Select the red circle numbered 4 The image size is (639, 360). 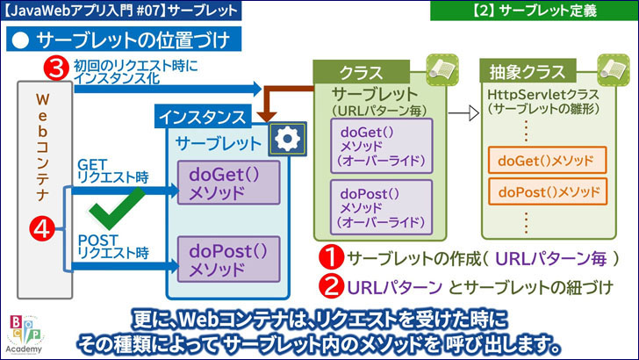(x=40, y=229)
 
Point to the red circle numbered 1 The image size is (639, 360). (x=330, y=259)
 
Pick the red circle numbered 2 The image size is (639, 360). (x=330, y=286)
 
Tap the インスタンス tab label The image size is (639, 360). (x=205, y=115)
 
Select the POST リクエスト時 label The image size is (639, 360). (x=114, y=246)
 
